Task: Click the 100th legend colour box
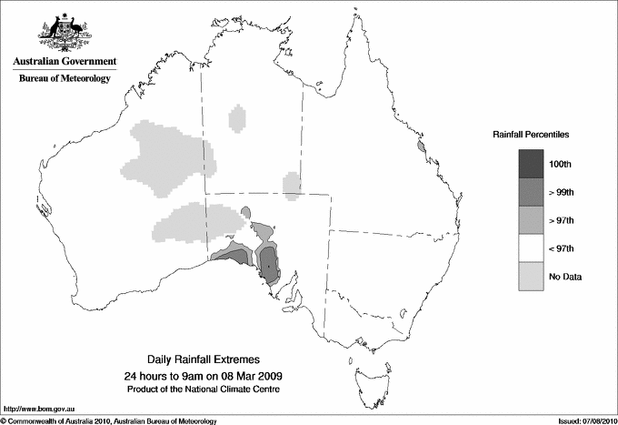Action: click(532, 163)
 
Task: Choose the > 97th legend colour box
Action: click(532, 219)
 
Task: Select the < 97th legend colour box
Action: click(532, 248)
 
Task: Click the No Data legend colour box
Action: click(532, 276)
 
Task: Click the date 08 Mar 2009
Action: click(248, 376)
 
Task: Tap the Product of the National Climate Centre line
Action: click(208, 390)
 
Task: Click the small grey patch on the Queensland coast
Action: click(421, 145)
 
